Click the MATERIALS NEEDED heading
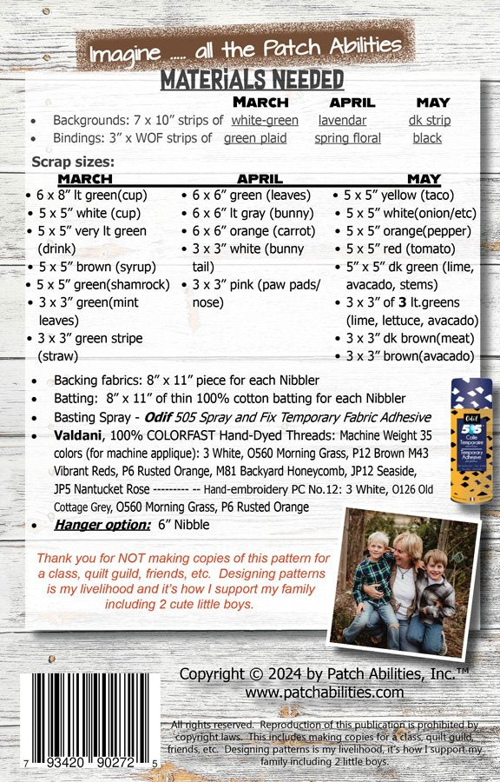pos(252,80)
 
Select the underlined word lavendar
pos(342,121)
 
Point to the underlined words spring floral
pos(347,138)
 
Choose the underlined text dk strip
pos(430,121)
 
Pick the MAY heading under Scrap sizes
pos(424,179)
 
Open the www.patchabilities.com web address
pos(325,693)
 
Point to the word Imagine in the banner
pos(122,55)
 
